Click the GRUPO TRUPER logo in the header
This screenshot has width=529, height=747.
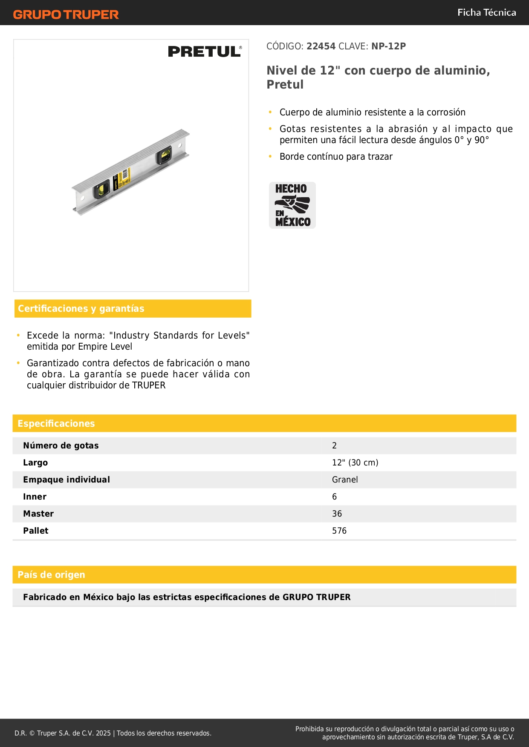(x=66, y=14)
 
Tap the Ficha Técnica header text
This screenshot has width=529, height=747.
(x=486, y=13)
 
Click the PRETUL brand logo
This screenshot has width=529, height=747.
(x=205, y=52)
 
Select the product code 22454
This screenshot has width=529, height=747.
(x=321, y=46)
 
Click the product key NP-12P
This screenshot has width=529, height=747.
(x=388, y=46)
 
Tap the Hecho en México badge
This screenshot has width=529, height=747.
(x=292, y=205)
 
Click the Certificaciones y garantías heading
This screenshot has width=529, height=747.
(x=81, y=309)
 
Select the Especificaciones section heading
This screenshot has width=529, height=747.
(x=56, y=424)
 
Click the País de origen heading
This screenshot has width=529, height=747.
(x=51, y=575)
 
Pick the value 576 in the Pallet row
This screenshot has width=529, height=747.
(x=339, y=531)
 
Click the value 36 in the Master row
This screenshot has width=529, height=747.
(x=337, y=514)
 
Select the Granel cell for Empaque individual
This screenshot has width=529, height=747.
(x=345, y=480)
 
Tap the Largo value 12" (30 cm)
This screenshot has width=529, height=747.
(x=355, y=463)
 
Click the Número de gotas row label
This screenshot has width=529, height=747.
(x=61, y=446)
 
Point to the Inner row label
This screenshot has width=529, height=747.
(x=35, y=497)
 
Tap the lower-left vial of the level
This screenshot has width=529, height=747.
(x=101, y=190)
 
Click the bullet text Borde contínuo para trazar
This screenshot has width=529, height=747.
(x=336, y=157)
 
